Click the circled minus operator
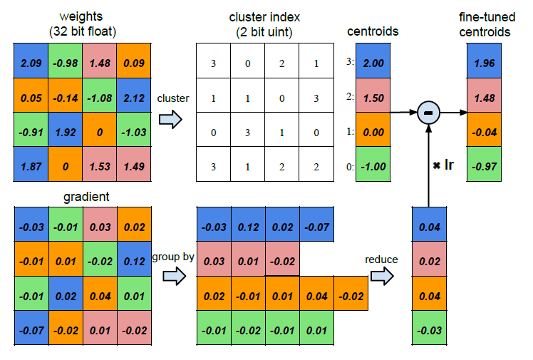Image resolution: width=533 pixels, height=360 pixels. coord(429,113)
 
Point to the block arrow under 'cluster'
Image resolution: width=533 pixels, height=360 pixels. coord(170,119)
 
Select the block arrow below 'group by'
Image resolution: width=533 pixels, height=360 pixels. coord(175,276)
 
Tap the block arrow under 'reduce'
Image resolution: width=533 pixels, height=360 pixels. coord(382,276)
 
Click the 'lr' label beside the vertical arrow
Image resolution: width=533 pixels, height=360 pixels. coord(449,165)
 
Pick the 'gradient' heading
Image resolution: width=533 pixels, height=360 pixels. coord(86,197)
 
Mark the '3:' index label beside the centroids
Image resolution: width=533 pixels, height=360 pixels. coord(350,61)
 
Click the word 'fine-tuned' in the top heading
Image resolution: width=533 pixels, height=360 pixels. coord(487,17)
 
